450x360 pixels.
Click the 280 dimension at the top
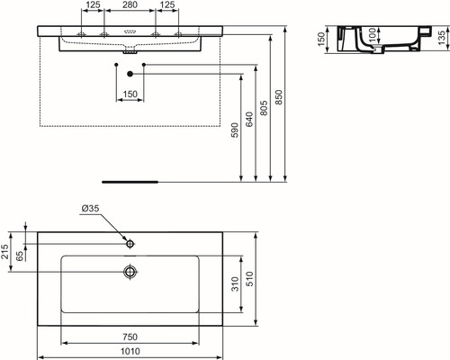(x=130, y=4)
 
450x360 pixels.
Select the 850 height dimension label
(x=279, y=97)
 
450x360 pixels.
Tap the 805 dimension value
(x=264, y=108)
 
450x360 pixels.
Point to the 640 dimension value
(x=249, y=120)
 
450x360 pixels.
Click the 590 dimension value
(x=235, y=130)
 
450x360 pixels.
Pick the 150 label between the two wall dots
(x=130, y=94)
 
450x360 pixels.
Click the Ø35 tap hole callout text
(x=90, y=208)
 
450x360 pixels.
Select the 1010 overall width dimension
(x=130, y=351)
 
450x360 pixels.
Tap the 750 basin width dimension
(x=130, y=337)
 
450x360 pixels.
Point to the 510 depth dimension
(x=249, y=279)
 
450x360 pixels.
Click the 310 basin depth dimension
(x=235, y=283)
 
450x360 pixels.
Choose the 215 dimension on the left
(x=4, y=251)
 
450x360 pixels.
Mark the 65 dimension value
(x=20, y=256)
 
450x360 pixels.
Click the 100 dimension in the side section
(x=372, y=35)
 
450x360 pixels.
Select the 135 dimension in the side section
(x=441, y=38)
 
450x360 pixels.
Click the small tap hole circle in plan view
(x=130, y=244)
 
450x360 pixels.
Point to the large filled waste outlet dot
(x=130, y=74)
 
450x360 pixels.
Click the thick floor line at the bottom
(x=130, y=182)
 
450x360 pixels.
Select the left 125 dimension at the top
(x=93, y=4)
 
